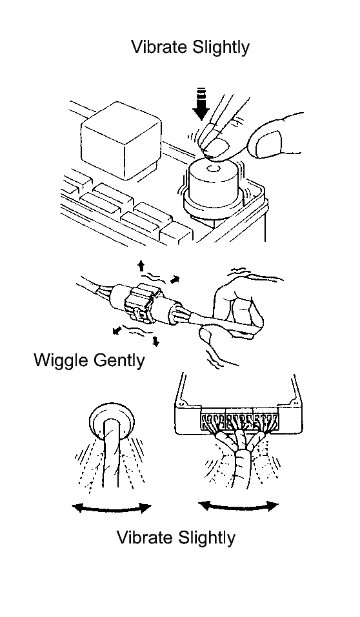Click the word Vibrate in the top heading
[x=159, y=47]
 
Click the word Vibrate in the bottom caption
[x=145, y=538]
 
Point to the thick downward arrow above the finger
[x=202, y=105]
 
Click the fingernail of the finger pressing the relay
[x=219, y=147]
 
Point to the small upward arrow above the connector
[x=141, y=266]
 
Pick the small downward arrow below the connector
[x=156, y=341]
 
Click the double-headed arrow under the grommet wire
[x=112, y=509]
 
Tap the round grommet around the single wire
[x=112, y=420]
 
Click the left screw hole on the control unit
[x=181, y=404]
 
